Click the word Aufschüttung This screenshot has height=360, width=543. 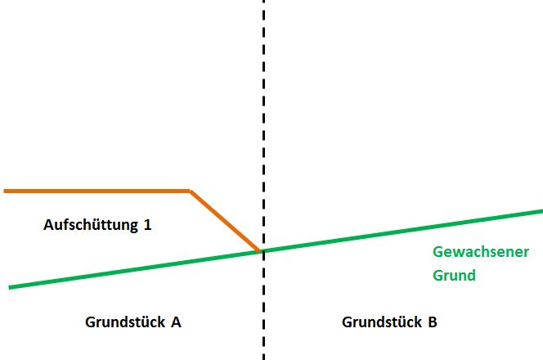(x=91, y=224)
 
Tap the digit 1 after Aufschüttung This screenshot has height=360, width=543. (x=147, y=224)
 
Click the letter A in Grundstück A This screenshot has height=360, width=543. (x=175, y=322)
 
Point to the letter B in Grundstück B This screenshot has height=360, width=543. (x=432, y=322)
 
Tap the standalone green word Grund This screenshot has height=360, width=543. (x=454, y=276)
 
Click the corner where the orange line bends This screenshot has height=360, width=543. (x=190, y=191)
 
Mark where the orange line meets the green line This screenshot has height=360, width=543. (x=261, y=250)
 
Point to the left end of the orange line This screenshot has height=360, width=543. (x=5, y=191)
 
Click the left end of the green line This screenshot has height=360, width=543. (x=10, y=287)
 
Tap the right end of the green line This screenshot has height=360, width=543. (x=541, y=211)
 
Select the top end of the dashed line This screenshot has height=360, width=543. (x=263, y=2)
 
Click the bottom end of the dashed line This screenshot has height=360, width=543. (x=263, y=358)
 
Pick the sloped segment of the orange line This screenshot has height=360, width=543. (x=226, y=221)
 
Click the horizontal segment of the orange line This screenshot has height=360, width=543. (x=98, y=191)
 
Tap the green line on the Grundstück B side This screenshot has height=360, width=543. (x=401, y=231)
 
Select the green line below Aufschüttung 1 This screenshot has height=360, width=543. (x=98, y=274)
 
